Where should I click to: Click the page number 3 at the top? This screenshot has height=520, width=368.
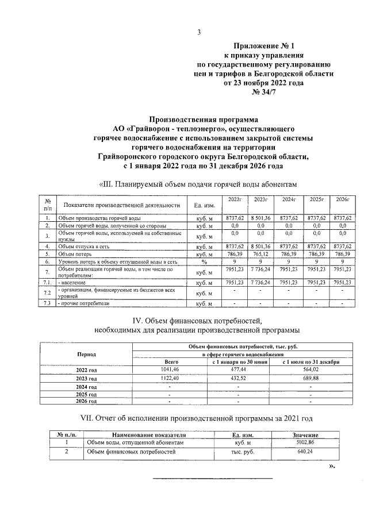(x=199, y=32)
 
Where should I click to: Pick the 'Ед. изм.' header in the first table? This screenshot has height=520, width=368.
(x=205, y=205)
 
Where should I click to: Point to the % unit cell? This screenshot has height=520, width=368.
(x=205, y=261)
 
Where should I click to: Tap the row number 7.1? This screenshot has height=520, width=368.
(x=47, y=283)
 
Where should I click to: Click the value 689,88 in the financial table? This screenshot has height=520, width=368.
(x=310, y=379)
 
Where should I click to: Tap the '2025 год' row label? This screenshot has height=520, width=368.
(x=86, y=395)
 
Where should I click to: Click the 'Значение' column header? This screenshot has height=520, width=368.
(x=305, y=435)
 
